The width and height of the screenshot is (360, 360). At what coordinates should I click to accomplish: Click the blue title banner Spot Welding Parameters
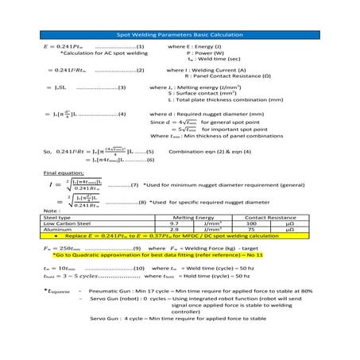click(180, 35)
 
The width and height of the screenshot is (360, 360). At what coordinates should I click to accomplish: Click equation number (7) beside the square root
click(133, 185)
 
